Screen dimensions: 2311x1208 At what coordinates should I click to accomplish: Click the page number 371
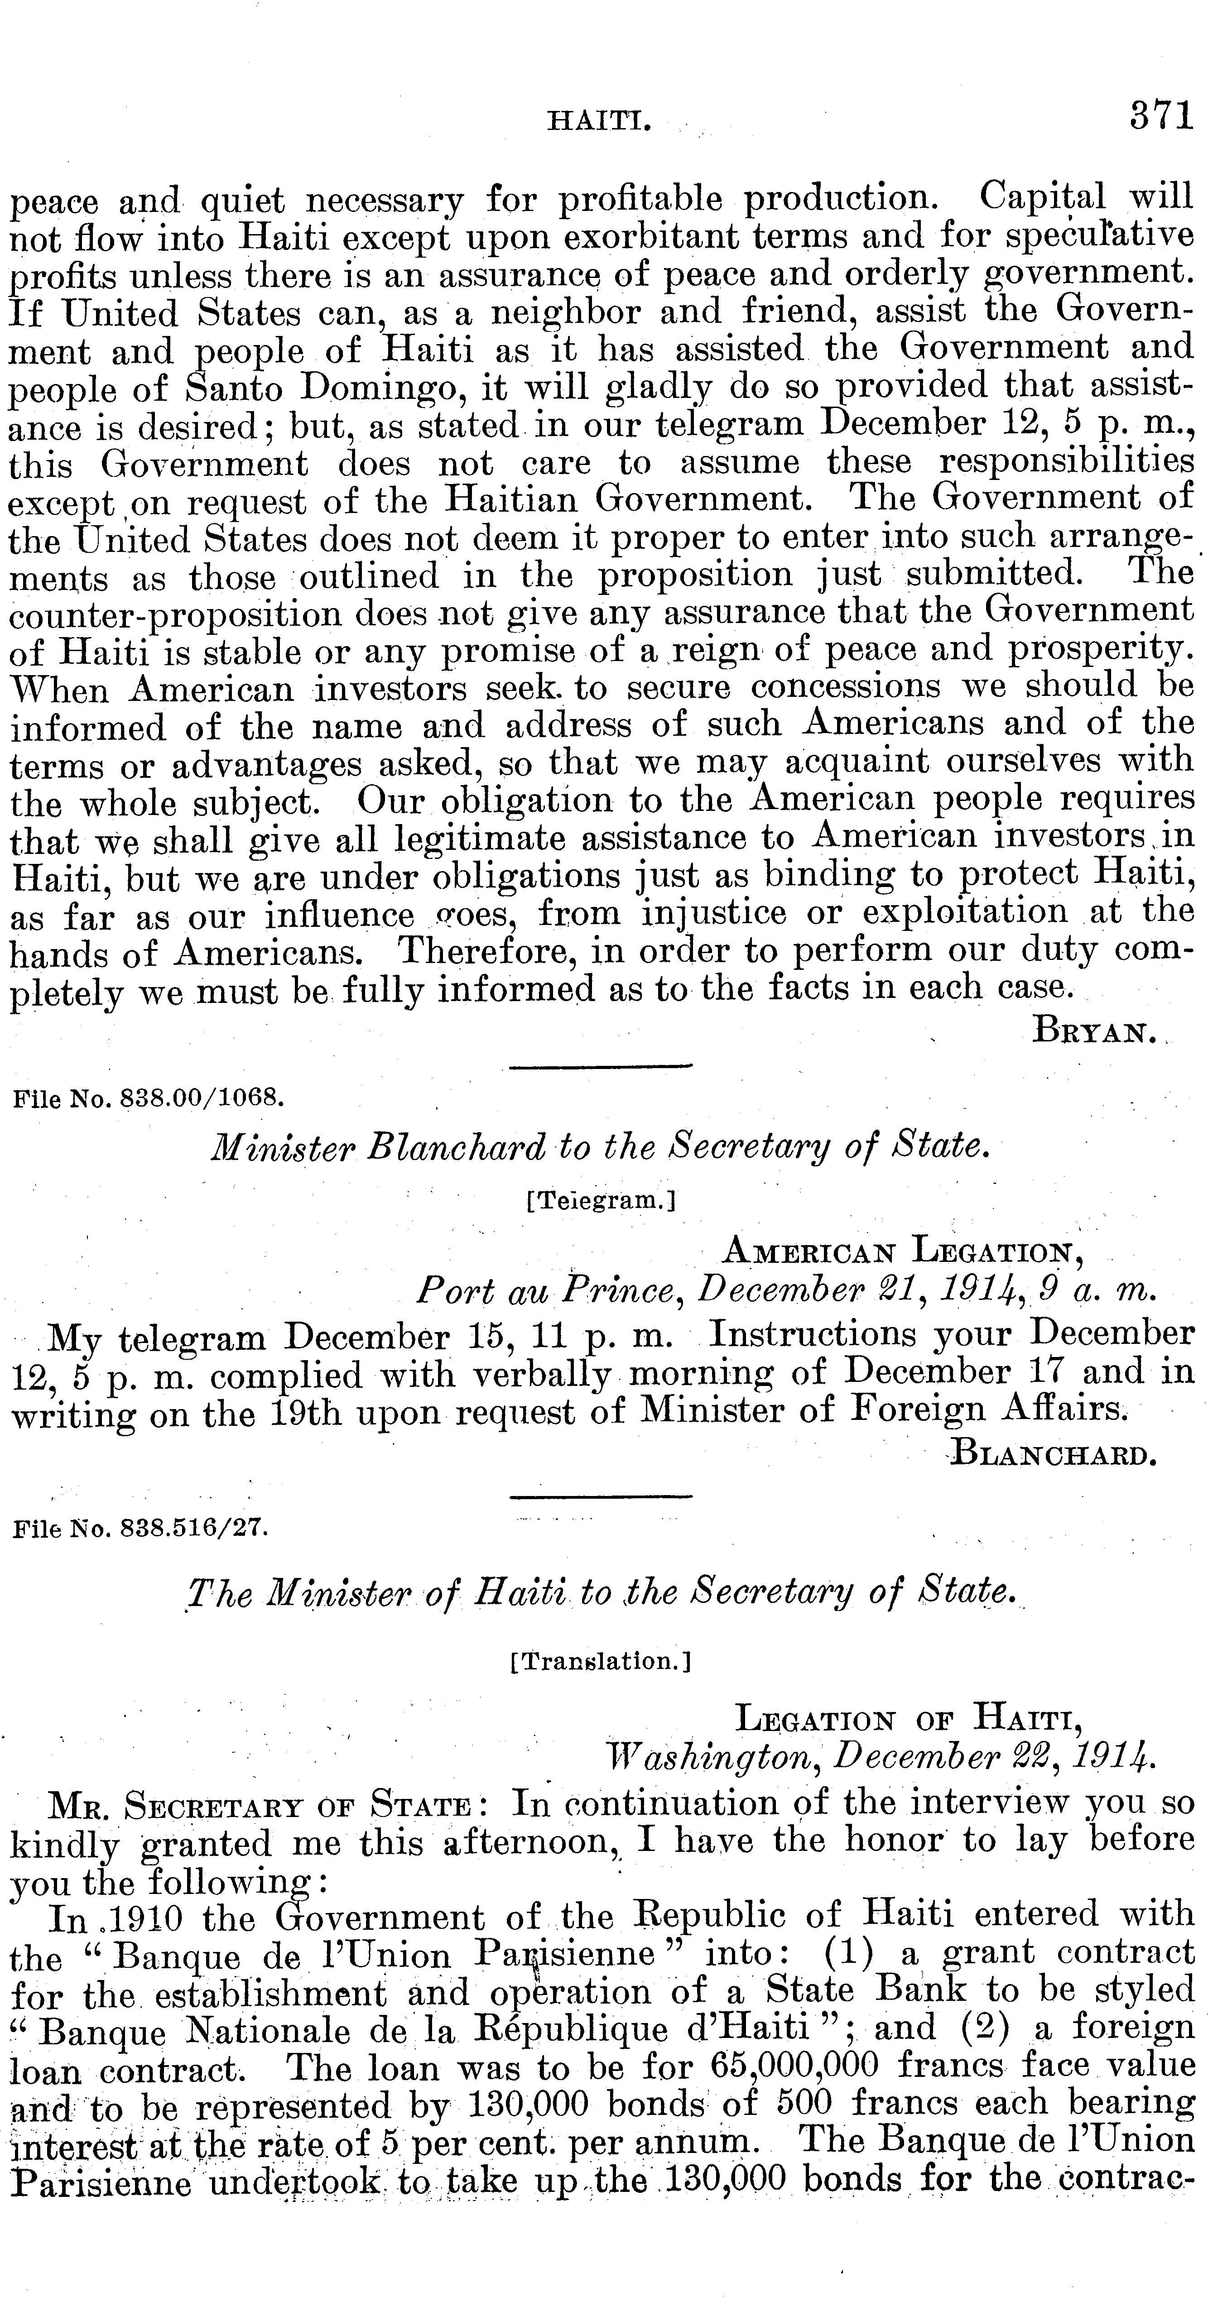pos(1161,117)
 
